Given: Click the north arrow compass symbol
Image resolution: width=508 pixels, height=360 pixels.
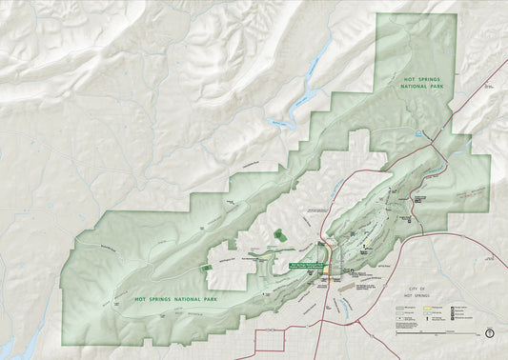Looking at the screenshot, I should pyautogui.click(x=489, y=333).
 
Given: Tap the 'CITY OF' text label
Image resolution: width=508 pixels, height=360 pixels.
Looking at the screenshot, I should pyautogui.click(x=416, y=287).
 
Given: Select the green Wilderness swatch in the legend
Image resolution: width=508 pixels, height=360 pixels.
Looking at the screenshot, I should pyautogui.click(x=399, y=309).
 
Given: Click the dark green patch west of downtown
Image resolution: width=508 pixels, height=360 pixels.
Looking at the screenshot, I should pyautogui.click(x=277, y=233).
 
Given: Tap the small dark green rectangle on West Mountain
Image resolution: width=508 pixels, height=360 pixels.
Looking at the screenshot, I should pyautogui.click(x=207, y=268).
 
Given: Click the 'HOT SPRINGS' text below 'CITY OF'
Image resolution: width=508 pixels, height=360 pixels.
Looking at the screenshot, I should pyautogui.click(x=416, y=294).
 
